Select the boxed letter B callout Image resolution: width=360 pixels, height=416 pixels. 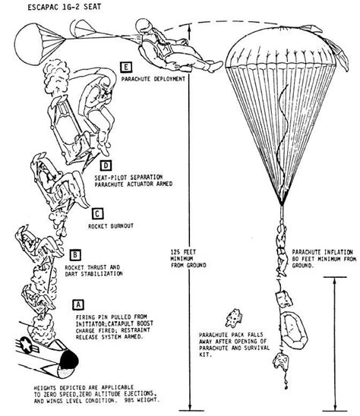click(75, 254)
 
